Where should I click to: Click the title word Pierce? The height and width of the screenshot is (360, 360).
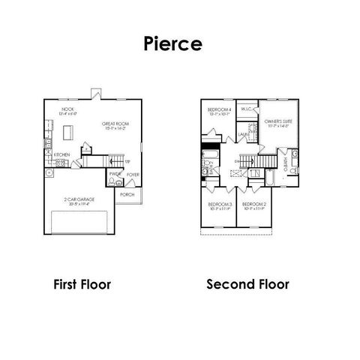click(x=172, y=43)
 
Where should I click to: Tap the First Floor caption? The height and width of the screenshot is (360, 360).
click(x=82, y=285)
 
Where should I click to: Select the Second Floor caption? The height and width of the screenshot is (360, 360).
click(x=247, y=285)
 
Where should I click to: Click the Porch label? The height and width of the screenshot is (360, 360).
click(x=127, y=192)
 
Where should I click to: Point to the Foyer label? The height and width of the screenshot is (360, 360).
click(x=133, y=175)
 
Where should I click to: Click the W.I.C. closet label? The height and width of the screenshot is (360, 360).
click(x=246, y=109)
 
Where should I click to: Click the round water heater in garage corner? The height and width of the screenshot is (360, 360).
click(x=50, y=172)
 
